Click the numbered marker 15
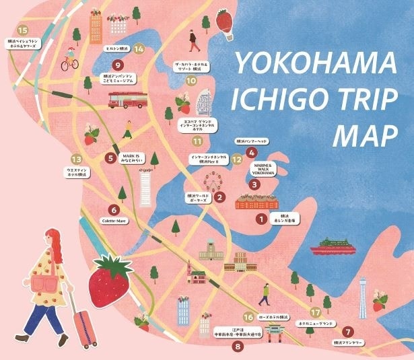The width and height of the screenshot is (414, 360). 24,31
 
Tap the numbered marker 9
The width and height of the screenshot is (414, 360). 118,65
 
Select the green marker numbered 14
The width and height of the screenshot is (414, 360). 139,48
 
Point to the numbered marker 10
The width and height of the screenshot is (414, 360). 191,81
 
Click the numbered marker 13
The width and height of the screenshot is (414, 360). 75,159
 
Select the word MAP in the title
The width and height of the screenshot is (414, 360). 363,134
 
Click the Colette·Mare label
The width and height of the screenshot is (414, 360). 113,221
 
